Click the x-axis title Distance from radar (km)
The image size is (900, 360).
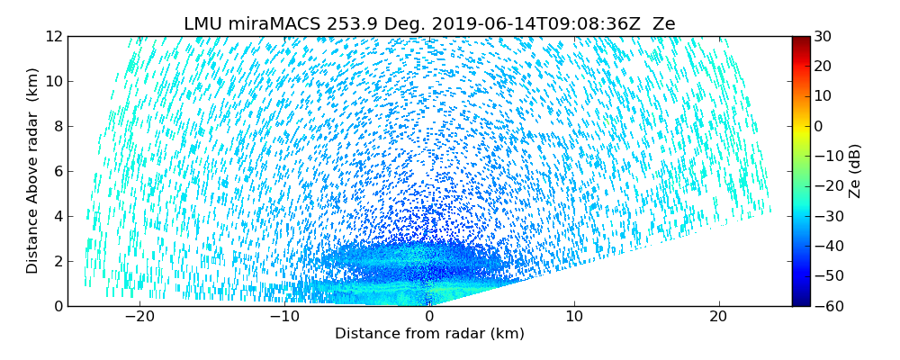click(429, 334)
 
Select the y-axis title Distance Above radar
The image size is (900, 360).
click(32, 170)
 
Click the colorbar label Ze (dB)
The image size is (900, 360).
click(855, 170)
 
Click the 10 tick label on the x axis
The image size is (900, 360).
click(574, 317)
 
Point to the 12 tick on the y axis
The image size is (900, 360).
click(53, 36)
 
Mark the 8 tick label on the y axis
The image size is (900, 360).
click(57, 126)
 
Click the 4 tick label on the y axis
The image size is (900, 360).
click(57, 216)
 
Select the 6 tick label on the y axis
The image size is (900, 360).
click(57, 171)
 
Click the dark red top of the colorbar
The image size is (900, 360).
click(800, 40)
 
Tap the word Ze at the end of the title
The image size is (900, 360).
click(663, 24)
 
